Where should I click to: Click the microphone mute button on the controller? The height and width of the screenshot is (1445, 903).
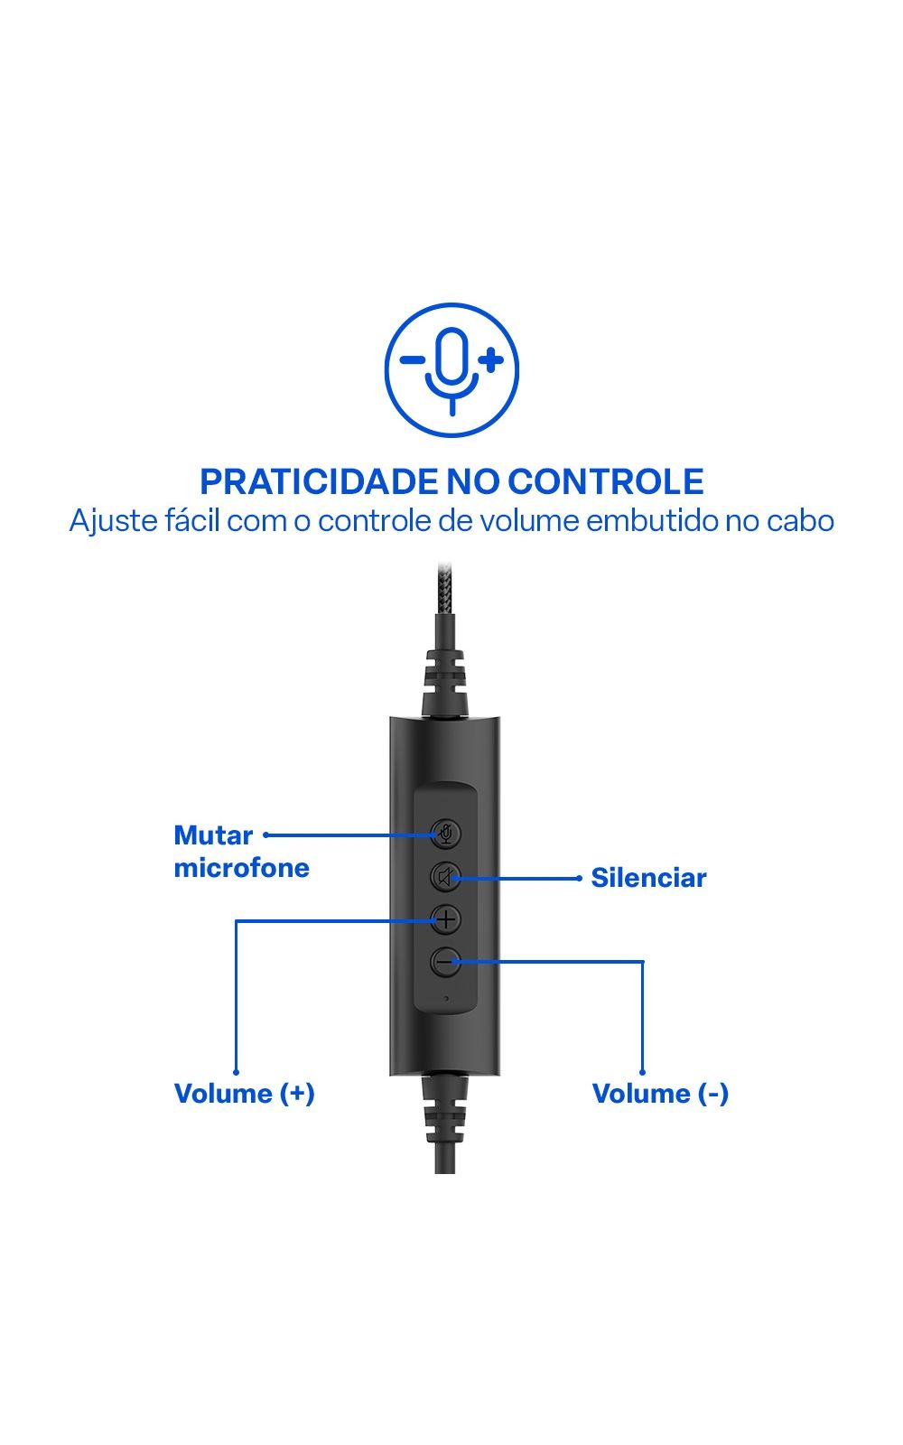click(446, 834)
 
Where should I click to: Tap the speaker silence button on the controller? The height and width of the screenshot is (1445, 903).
click(446, 877)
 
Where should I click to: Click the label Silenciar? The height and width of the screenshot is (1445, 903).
click(648, 878)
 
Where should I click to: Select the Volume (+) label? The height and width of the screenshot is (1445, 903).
click(245, 1094)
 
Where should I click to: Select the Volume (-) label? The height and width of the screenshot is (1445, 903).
click(660, 1094)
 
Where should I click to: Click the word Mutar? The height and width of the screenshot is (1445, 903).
click(213, 835)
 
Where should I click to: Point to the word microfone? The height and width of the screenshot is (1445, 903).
click(242, 868)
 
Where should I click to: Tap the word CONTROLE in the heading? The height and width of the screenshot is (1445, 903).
click(606, 481)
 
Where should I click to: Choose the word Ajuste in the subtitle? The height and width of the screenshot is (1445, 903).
click(114, 521)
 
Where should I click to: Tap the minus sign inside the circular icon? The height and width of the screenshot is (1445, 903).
click(413, 360)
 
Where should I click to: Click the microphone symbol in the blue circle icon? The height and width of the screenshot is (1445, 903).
click(452, 371)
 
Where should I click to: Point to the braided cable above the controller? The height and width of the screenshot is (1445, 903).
click(445, 588)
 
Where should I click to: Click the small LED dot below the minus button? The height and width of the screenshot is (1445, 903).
click(446, 998)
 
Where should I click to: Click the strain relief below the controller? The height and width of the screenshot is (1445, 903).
click(445, 1109)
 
